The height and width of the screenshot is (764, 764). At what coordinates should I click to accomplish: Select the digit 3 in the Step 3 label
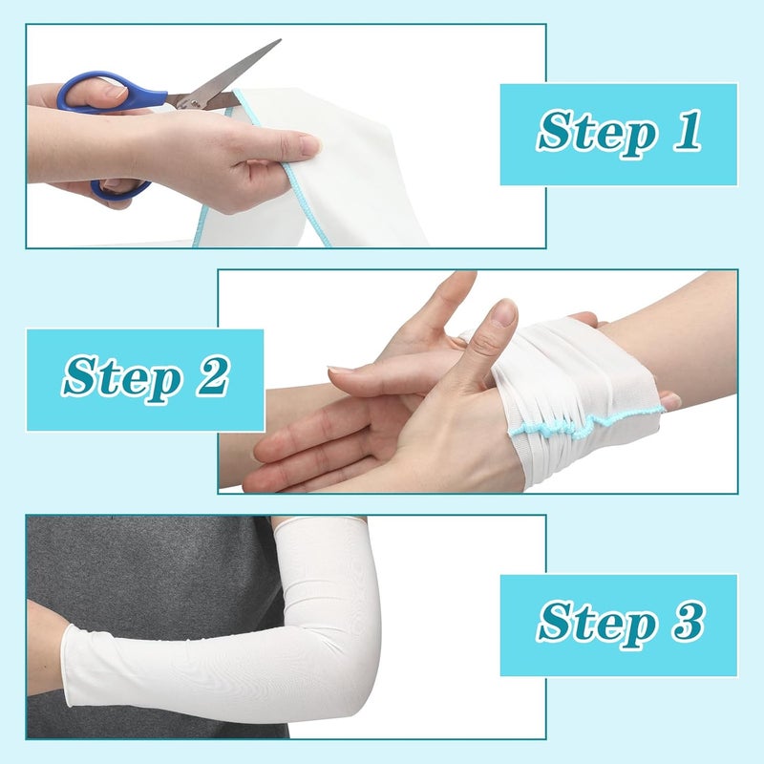coord(687,623)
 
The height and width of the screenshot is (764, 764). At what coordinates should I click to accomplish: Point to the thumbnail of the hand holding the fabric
coord(308,144)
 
